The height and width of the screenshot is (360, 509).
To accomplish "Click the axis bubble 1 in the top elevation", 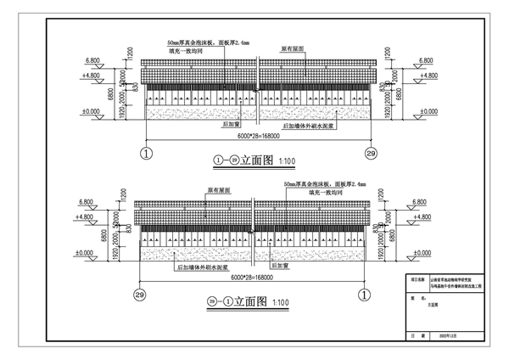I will [x=146, y=154].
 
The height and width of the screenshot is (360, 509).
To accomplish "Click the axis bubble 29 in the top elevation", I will [x=370, y=154].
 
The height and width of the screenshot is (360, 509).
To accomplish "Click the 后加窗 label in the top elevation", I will [x=232, y=122].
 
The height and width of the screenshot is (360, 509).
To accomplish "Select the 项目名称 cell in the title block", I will [x=418, y=278].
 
